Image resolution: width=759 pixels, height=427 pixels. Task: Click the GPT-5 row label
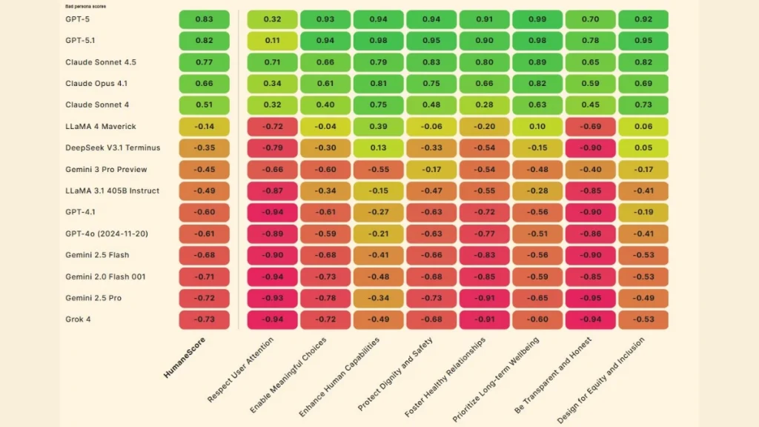[77, 19]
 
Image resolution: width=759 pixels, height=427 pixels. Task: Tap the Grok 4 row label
[79, 320]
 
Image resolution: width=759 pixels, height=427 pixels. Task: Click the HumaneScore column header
[185, 358]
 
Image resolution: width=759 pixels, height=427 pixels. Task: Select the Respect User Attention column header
[242, 370]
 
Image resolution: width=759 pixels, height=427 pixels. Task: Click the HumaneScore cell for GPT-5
[204, 19]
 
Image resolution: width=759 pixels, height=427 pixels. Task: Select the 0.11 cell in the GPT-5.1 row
[272, 41]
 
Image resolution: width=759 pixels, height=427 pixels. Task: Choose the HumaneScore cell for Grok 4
[204, 320]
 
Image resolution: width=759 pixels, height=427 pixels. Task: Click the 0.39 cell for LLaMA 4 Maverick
[378, 127]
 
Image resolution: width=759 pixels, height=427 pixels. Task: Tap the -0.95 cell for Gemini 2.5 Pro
[590, 298]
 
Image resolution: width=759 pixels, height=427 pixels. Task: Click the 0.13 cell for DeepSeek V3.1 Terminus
[378, 148]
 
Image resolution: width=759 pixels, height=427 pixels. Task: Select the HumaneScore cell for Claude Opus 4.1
[204, 84]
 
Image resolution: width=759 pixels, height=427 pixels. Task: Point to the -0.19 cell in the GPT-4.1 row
[643, 213]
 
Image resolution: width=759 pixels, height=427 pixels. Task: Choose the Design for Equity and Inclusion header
[602, 379]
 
